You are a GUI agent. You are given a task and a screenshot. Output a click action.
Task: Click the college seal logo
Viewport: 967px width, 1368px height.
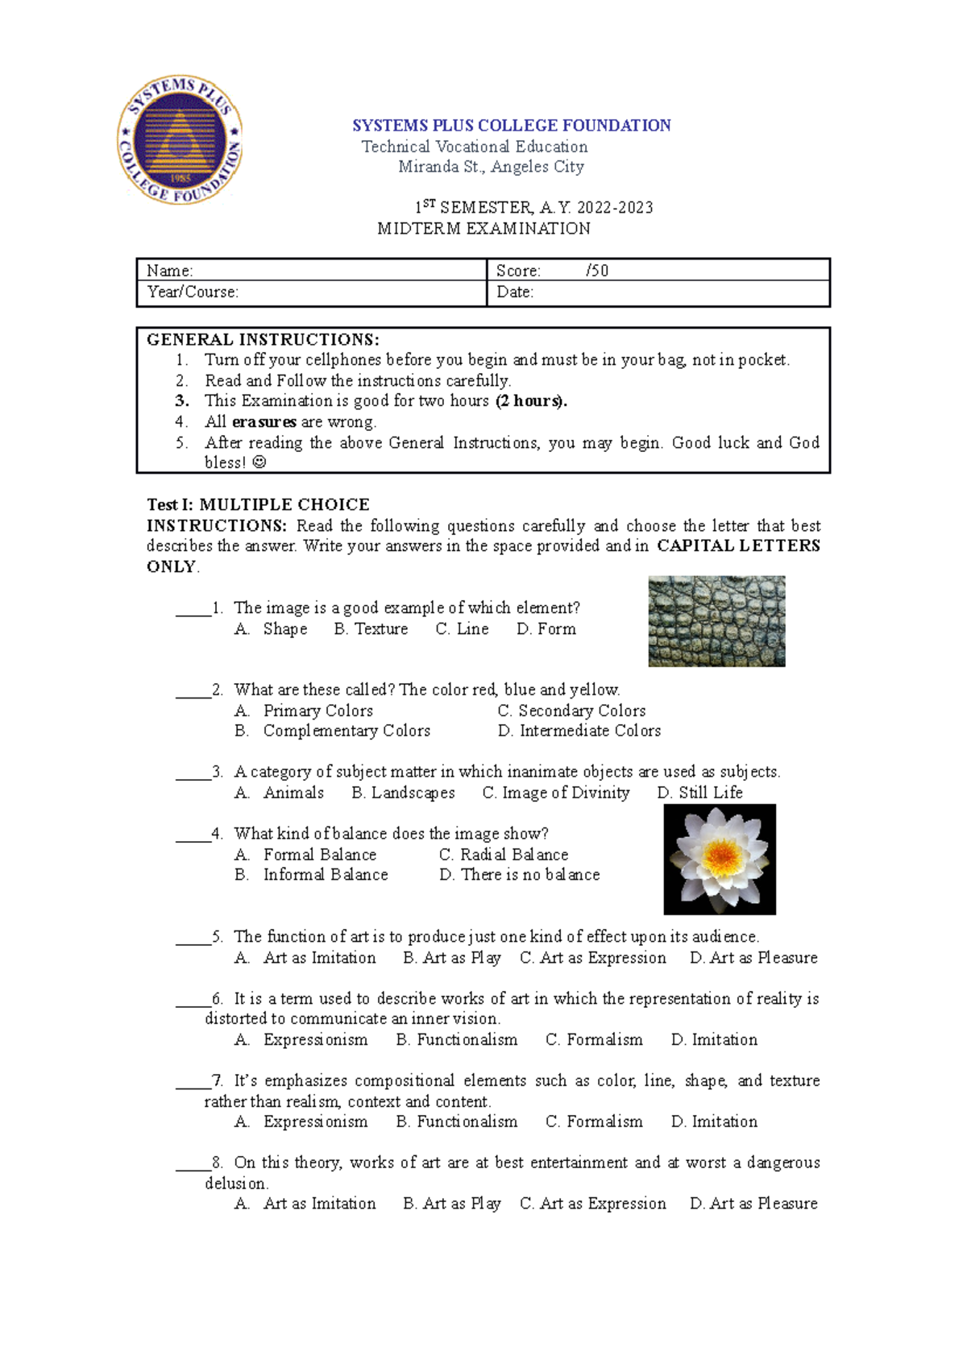(180, 140)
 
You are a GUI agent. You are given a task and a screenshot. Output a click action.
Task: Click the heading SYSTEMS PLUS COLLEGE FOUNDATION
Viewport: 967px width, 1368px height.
(511, 126)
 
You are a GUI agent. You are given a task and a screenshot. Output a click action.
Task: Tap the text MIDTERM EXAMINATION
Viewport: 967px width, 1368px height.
(483, 229)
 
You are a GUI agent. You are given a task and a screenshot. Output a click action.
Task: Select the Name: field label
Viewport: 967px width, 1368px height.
(169, 271)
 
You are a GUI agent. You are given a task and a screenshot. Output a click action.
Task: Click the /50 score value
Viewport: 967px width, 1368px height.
(597, 271)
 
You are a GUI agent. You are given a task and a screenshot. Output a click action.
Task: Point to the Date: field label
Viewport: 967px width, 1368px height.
(515, 292)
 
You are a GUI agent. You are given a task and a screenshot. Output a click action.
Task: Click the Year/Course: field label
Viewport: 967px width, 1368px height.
(193, 292)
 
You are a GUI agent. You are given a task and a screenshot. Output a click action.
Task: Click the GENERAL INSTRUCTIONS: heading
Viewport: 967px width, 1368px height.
(263, 339)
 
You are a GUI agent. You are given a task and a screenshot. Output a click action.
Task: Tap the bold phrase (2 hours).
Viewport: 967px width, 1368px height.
(531, 401)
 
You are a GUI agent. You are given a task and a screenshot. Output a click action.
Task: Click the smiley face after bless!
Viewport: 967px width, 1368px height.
(259, 463)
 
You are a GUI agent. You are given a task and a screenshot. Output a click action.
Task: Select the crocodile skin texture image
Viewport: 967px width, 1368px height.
(716, 621)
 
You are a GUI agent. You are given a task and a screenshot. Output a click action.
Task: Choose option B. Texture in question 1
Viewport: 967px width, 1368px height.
(371, 629)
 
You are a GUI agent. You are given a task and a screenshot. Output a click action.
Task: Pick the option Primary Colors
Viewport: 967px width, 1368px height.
(317, 711)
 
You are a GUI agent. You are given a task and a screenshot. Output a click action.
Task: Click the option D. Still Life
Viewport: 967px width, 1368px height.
(699, 793)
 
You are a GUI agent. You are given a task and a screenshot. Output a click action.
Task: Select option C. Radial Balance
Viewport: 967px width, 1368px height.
(504, 855)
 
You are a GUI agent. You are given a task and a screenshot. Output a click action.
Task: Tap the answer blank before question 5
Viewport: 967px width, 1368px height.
(193, 939)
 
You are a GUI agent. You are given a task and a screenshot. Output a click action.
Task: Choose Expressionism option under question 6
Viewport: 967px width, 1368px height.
(314, 1040)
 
